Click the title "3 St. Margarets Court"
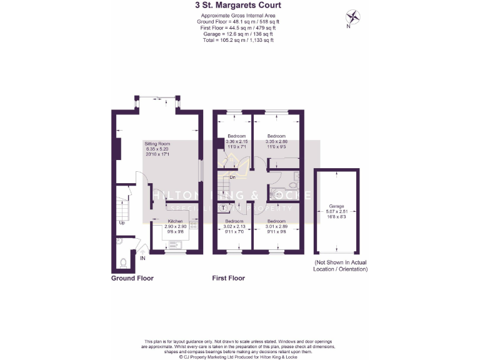point(237,6)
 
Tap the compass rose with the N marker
point(354,17)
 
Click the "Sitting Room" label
point(157,143)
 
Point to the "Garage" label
point(337,206)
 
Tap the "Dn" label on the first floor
point(232,177)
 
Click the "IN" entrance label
point(142,257)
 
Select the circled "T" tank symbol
point(224,207)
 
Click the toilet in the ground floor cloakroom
point(124,262)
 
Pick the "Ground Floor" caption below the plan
point(132,278)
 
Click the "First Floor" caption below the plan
point(228,278)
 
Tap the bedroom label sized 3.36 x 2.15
point(236,136)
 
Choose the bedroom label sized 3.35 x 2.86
point(276,136)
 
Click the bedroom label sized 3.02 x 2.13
point(234,221)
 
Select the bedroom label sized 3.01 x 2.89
point(276,221)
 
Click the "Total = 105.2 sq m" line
point(237,40)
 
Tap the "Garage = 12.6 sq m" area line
point(237,34)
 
